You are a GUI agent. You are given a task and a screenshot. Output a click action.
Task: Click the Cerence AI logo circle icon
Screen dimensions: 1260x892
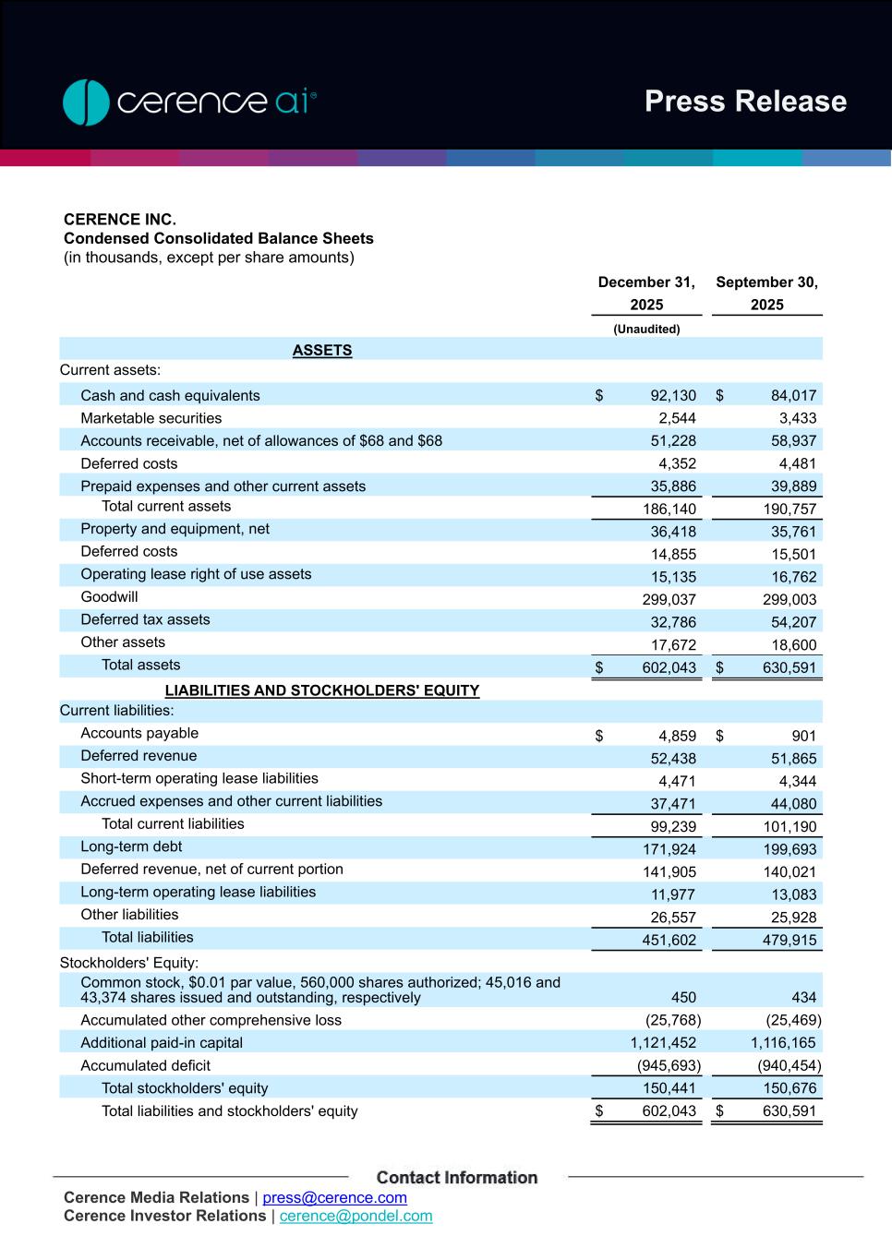coord(86,102)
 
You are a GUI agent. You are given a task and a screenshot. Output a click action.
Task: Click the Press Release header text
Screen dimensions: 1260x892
coord(745,102)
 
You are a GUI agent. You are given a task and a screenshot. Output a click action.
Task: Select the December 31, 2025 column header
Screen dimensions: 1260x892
coord(646,294)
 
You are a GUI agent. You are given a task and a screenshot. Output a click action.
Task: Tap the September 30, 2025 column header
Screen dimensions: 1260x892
coord(766,294)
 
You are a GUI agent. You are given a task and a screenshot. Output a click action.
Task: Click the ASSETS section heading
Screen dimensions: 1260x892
coord(322,351)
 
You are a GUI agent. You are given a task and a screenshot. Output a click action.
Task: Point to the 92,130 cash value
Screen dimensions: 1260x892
coord(673,396)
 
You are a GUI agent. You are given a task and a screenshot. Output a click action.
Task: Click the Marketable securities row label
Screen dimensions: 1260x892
coord(151,418)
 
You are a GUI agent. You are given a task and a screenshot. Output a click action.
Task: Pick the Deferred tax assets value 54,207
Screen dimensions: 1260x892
coord(793,622)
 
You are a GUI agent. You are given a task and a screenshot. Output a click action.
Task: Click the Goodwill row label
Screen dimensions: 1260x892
coord(109,597)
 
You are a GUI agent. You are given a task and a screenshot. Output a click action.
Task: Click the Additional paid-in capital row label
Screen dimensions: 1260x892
coord(162,1043)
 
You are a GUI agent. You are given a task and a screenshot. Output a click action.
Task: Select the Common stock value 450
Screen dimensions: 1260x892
coord(683,998)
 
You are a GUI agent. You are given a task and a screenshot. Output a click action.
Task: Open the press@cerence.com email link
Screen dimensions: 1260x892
coord(334,1198)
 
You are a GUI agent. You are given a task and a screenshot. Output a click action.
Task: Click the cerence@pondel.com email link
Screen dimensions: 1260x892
coord(356,1217)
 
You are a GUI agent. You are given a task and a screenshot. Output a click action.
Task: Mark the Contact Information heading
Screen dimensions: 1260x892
coord(457,1178)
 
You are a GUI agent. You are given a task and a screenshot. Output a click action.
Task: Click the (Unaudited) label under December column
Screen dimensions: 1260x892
coord(646,330)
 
